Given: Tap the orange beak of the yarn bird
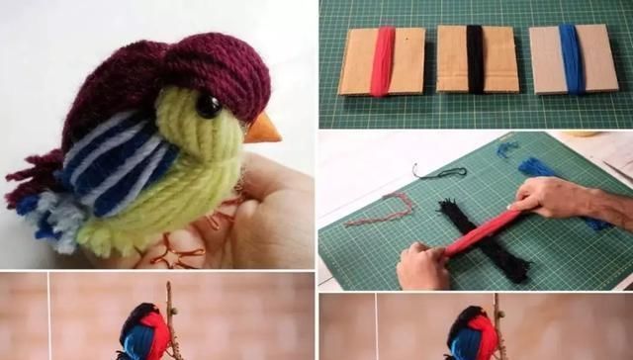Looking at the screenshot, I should (x=262, y=128).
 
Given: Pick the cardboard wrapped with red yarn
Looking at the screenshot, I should (x=382, y=60).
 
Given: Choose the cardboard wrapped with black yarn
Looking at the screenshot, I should (x=477, y=59).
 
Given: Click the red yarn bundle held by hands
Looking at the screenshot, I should (x=485, y=232).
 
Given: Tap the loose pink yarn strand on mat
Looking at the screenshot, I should (x=391, y=208).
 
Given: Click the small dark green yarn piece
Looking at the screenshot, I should (x=440, y=172).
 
